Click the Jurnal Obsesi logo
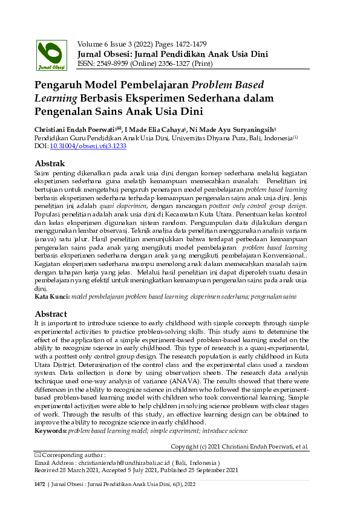pyautogui.click(x=53, y=56)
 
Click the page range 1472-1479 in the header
pyautogui.click(x=188, y=44)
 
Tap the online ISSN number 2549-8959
pyautogui.click(x=116, y=63)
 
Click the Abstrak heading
pyautogui.click(x=50, y=163)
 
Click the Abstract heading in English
pyautogui.click(x=51, y=314)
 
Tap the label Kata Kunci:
pyautogui.click(x=52, y=297)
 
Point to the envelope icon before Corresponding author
pyautogui.click(x=38, y=455)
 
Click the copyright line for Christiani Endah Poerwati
pyautogui.click(x=240, y=446)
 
